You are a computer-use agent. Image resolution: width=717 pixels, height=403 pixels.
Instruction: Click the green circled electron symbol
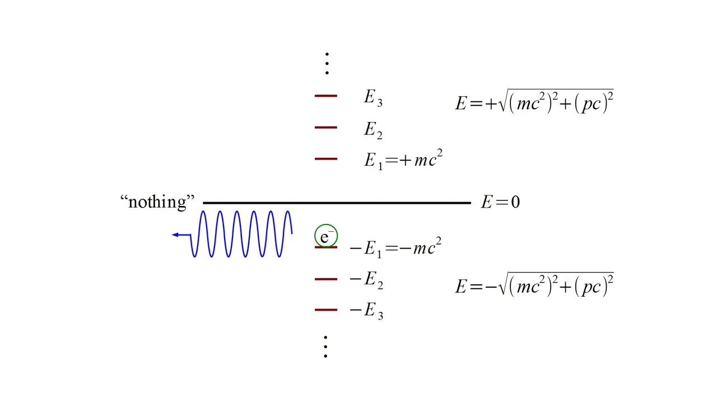[x=325, y=236]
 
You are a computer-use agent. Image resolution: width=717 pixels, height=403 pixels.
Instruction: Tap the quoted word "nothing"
[x=157, y=201]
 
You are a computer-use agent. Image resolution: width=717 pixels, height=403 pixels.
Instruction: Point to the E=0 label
[x=500, y=202]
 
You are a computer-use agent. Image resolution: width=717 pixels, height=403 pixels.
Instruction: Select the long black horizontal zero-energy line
[x=336, y=203]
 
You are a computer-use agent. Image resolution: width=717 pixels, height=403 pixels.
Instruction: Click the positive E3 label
[x=373, y=97]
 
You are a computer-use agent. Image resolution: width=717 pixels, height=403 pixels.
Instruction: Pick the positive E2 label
[x=373, y=130]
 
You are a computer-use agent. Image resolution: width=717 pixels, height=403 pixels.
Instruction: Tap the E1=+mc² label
[x=403, y=160]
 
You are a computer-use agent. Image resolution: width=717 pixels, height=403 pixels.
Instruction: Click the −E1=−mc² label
[x=395, y=247]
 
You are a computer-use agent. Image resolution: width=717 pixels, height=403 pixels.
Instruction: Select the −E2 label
[x=366, y=279]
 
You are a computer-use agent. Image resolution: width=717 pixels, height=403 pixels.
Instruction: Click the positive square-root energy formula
[x=534, y=102]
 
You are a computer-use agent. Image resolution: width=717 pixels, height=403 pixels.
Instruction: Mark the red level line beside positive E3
[x=325, y=96]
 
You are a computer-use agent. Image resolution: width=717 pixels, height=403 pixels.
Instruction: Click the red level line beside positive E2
[x=325, y=128]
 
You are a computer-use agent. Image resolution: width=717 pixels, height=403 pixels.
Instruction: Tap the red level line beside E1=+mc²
[x=325, y=159]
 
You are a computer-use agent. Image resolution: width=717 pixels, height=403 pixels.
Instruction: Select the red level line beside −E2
[x=325, y=279]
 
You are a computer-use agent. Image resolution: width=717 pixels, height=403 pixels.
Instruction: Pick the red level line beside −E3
[x=325, y=310]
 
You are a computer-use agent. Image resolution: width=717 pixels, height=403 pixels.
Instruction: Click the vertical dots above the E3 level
[x=327, y=64]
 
